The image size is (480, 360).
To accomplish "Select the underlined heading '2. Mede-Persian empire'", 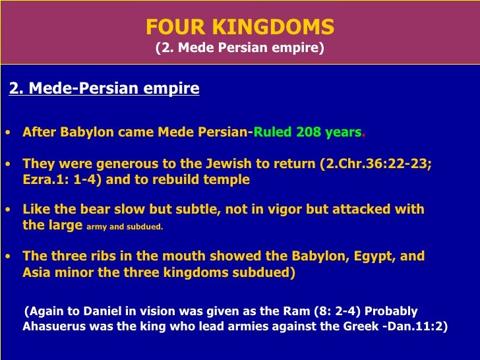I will coord(104,88).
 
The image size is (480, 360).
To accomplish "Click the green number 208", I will coord(309,131).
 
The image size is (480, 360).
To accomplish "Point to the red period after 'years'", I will coord(363,133).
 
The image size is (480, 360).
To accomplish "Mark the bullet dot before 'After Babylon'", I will coord(7,132).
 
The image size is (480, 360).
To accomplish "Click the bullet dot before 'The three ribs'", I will coord(7,256).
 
